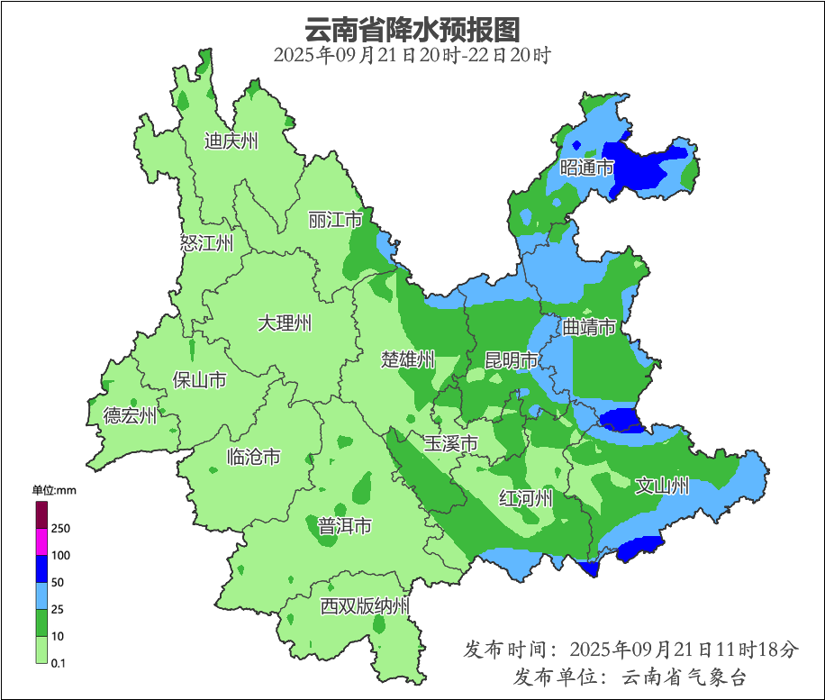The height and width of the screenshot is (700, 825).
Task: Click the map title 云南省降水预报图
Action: pyautogui.click(x=412, y=29)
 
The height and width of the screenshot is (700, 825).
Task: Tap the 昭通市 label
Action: pyautogui.click(x=586, y=168)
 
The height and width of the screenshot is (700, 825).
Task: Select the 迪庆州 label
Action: pyautogui.click(x=231, y=141)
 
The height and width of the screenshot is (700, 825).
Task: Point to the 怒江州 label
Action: pyautogui.click(x=206, y=243)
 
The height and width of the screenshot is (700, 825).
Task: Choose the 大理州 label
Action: pyautogui.click(x=285, y=323)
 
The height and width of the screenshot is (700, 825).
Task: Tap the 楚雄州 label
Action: pyautogui.click(x=407, y=360)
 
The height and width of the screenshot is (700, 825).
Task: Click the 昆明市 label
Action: pyautogui.click(x=511, y=360)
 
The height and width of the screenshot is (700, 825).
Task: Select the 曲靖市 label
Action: pyautogui.click(x=589, y=326)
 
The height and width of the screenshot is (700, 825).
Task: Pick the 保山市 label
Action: pyautogui.click(x=199, y=380)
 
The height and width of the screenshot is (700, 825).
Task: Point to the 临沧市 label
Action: pyautogui.click(x=253, y=458)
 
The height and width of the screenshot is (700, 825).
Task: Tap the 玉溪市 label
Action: pyautogui.click(x=450, y=443)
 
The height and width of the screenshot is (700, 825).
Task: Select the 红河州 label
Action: pyautogui.click(x=526, y=498)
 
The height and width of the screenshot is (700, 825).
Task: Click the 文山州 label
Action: pyautogui.click(x=662, y=486)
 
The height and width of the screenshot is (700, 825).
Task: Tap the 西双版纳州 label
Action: pyautogui.click(x=365, y=606)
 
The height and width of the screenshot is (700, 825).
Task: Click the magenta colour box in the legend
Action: pyautogui.click(x=41, y=541)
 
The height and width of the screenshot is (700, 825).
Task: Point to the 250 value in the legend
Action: pyautogui.click(x=61, y=528)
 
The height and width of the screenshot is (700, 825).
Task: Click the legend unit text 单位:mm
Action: pyautogui.click(x=54, y=491)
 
